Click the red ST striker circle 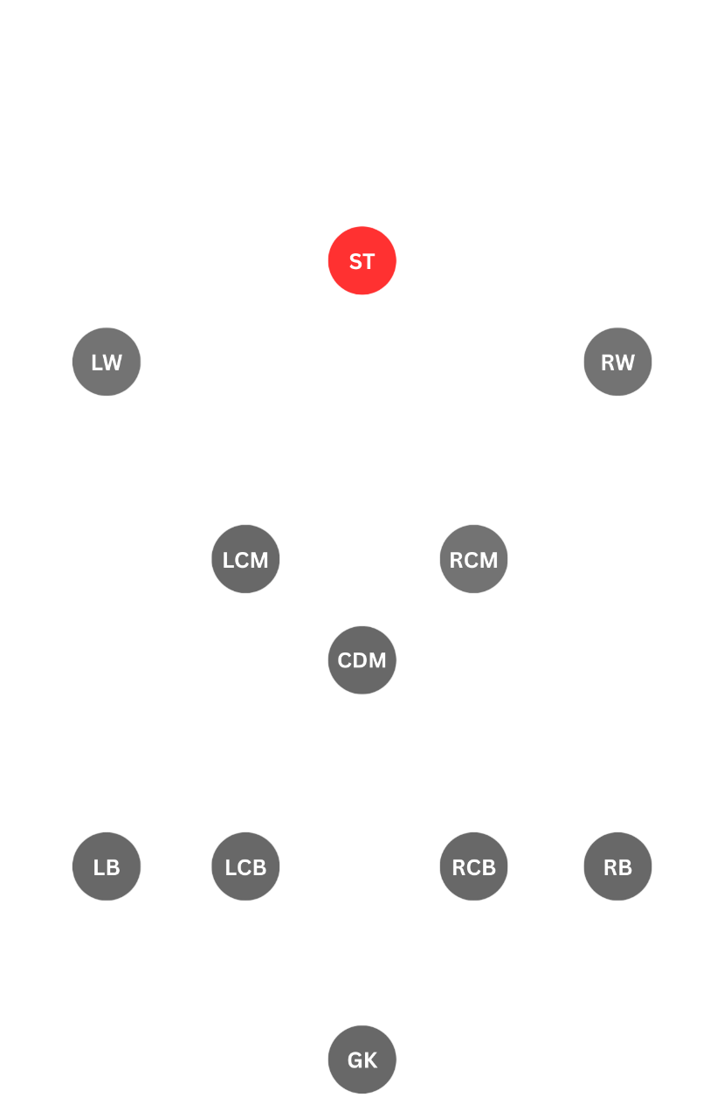tap(362, 260)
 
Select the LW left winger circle tap(107, 362)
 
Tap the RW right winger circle tap(617, 362)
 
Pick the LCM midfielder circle tap(245, 559)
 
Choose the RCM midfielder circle tap(473, 559)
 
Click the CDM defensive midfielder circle tap(362, 660)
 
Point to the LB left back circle tap(107, 866)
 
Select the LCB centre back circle tap(245, 866)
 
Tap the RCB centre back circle tap(473, 866)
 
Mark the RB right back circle tap(617, 866)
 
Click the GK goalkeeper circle tap(362, 1059)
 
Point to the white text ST tap(362, 261)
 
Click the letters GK tap(362, 1060)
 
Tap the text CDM tap(362, 661)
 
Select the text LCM tap(245, 560)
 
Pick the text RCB tap(473, 867)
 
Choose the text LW tap(107, 362)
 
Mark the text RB tap(617, 867)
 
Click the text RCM tap(473, 560)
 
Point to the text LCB tap(245, 867)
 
